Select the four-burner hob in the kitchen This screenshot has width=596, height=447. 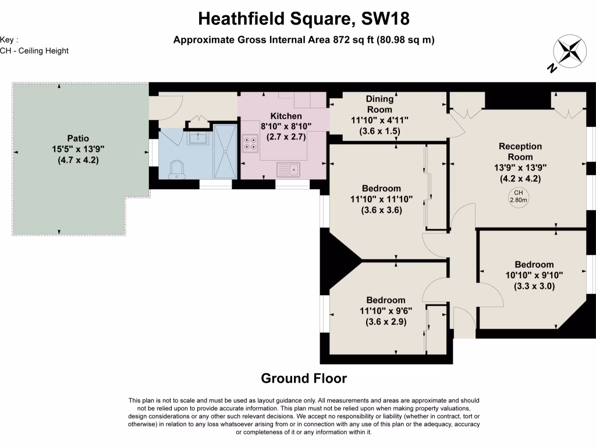click(251, 143)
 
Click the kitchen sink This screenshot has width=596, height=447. click(289, 170)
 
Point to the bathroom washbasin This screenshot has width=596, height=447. click(198, 138)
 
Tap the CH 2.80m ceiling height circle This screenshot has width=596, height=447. click(518, 197)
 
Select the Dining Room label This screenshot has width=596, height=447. click(379, 104)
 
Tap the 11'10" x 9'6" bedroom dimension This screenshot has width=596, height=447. click(382, 311)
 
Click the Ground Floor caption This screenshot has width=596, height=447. click(304, 378)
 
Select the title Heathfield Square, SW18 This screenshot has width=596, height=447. click(304, 19)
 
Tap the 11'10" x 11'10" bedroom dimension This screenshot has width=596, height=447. click(381, 199)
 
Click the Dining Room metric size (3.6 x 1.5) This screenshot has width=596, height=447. click(379, 131)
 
